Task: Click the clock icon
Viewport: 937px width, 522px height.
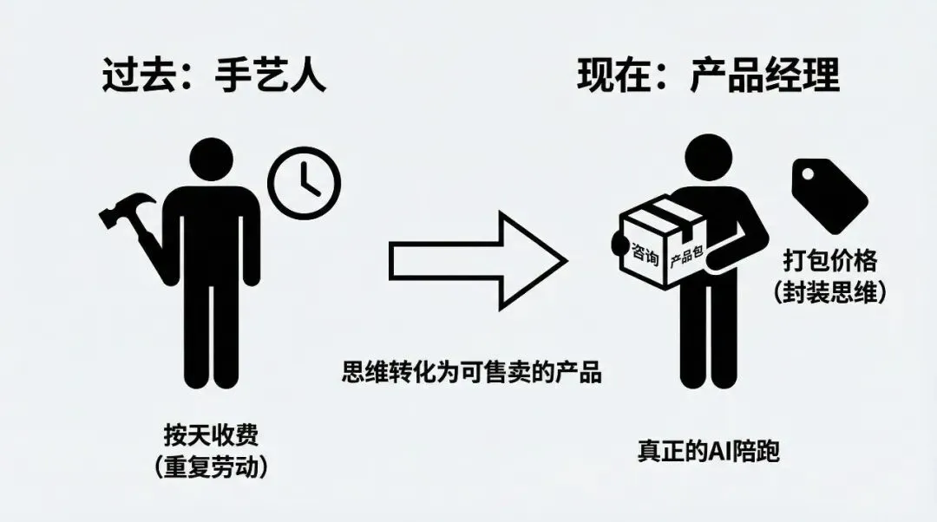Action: point(305,182)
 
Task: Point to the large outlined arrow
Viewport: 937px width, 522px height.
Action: point(477,256)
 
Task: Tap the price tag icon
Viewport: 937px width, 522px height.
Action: point(829,194)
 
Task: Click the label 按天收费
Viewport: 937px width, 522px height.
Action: point(210,433)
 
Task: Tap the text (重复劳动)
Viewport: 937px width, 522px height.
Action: point(210,467)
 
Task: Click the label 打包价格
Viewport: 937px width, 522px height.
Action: point(830,261)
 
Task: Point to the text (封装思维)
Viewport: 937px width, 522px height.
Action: point(830,293)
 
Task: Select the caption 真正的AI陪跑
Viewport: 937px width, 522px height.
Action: point(708,451)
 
